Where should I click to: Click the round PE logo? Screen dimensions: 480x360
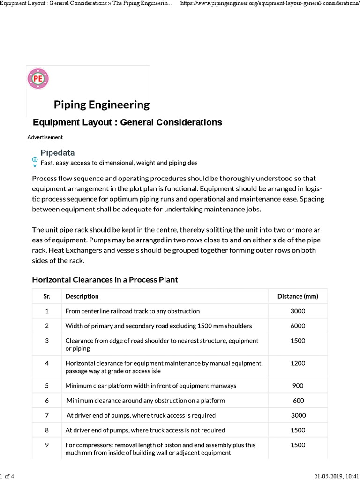tap(38, 78)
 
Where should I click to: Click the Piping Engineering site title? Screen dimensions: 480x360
tap(102, 105)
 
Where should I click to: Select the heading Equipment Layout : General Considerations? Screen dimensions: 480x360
tap(127, 122)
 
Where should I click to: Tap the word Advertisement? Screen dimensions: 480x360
tap(45, 137)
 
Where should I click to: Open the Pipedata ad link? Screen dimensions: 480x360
tap(58, 153)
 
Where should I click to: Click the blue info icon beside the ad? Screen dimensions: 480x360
tap(35, 159)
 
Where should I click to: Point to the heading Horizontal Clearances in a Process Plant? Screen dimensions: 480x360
tap(105, 280)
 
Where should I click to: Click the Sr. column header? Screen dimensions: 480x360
tap(47, 296)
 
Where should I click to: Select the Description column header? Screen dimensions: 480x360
tap(82, 296)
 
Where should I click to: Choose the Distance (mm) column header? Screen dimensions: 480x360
tap(298, 296)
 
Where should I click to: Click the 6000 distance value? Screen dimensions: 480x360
tap(298, 326)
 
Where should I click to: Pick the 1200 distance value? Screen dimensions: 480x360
tap(298, 363)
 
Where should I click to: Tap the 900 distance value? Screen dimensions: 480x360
tap(298, 386)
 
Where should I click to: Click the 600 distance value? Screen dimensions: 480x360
tap(298, 401)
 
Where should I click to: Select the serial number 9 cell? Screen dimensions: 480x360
tap(47, 445)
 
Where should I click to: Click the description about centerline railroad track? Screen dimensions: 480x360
tap(133, 311)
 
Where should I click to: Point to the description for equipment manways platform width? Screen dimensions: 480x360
tap(151, 386)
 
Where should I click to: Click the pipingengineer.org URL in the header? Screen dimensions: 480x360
tap(270, 3)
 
